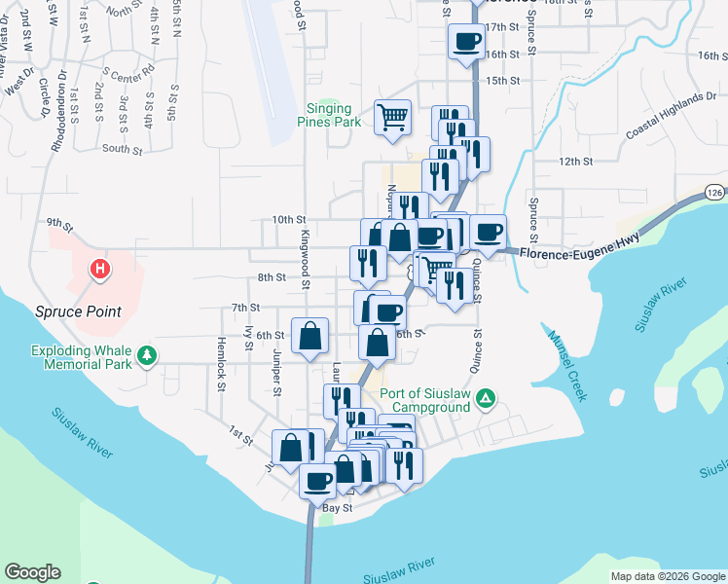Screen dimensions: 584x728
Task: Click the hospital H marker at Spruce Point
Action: tap(97, 268)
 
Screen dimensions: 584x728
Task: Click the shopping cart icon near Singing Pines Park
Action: tap(392, 118)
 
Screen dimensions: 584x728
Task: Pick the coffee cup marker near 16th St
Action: tap(466, 41)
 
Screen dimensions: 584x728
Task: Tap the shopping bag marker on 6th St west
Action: tap(309, 337)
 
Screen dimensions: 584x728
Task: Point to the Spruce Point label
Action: tap(79, 311)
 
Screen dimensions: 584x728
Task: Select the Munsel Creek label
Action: tap(566, 365)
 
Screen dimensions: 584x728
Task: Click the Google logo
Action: tap(32, 572)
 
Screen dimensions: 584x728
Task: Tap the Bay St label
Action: tap(336, 507)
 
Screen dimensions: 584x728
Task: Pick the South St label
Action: tap(122, 150)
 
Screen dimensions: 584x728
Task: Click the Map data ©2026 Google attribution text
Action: tap(667, 576)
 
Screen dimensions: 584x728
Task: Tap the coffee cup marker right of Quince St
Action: tap(489, 232)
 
